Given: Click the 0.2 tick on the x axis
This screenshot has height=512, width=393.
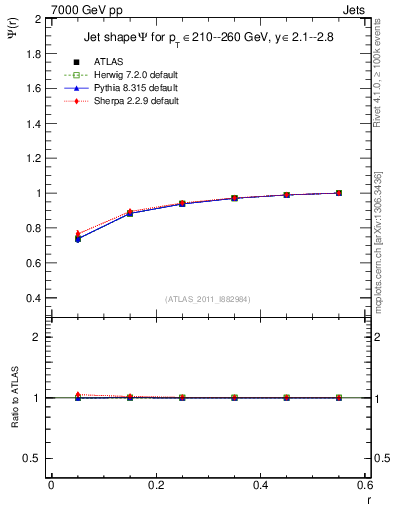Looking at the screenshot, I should coord(155,484).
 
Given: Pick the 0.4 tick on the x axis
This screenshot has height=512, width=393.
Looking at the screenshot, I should coord(260,484).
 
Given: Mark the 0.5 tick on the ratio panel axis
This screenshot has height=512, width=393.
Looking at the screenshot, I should coord(35,458).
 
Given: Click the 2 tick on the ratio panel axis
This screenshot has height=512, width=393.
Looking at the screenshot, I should coord(40,337).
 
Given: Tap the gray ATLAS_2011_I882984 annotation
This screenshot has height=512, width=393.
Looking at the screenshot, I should coord(207,298).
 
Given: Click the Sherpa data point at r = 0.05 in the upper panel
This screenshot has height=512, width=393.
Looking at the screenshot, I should coord(78,233).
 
